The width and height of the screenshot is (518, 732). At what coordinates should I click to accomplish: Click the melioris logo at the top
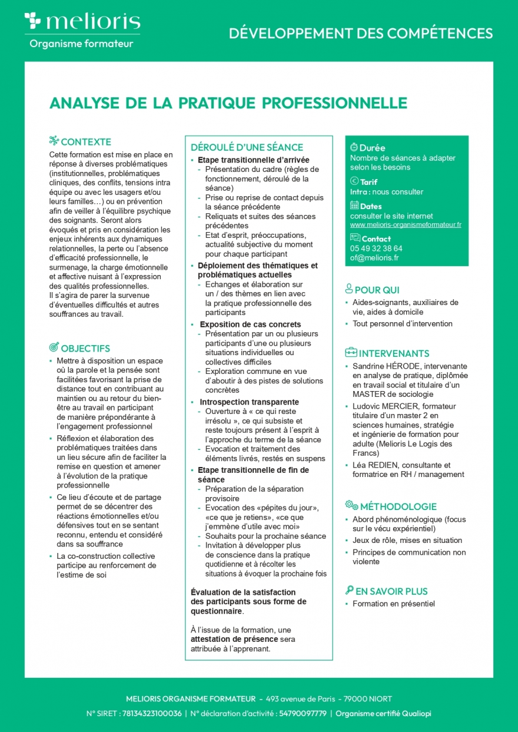point(82,22)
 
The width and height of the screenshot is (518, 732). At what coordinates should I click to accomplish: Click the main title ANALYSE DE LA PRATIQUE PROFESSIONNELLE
point(228,103)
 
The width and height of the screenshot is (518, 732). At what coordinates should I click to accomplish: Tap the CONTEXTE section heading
point(85,142)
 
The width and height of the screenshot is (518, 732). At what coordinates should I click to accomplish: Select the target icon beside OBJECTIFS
point(54,348)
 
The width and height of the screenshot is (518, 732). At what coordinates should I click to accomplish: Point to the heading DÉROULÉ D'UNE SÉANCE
point(247,147)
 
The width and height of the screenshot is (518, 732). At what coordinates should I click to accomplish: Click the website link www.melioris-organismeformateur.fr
point(406,225)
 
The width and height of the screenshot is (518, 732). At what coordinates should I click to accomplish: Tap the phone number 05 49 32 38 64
point(376,249)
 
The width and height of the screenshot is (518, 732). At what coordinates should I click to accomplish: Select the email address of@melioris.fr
point(374,258)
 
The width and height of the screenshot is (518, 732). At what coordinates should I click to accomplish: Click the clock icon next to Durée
point(354,147)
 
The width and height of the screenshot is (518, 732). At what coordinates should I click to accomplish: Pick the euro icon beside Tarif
point(354,181)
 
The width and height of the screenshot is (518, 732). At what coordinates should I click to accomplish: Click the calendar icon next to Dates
point(354,206)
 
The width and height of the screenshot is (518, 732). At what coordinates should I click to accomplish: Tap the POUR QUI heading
point(377,290)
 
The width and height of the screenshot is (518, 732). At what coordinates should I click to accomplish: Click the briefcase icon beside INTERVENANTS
point(351,353)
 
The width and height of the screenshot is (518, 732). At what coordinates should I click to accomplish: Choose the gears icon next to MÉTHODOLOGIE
point(351,505)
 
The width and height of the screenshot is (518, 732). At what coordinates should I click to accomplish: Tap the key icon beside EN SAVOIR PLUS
point(350,591)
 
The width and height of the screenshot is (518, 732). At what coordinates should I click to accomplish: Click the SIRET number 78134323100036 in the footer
point(152,714)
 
